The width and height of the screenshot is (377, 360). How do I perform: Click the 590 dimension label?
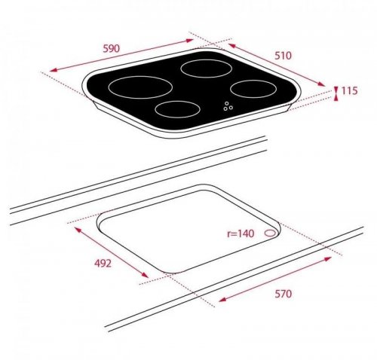tap(112, 48)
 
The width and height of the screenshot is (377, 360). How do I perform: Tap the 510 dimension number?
tap(283, 56)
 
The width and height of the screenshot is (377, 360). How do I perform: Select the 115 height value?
tap(349, 90)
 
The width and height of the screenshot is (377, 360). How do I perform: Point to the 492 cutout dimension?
tap(103, 264)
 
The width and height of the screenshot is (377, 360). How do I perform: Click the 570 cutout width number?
tap(284, 294)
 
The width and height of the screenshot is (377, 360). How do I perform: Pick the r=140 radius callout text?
tap(241, 233)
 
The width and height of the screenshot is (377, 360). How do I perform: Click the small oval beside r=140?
tap(271, 233)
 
